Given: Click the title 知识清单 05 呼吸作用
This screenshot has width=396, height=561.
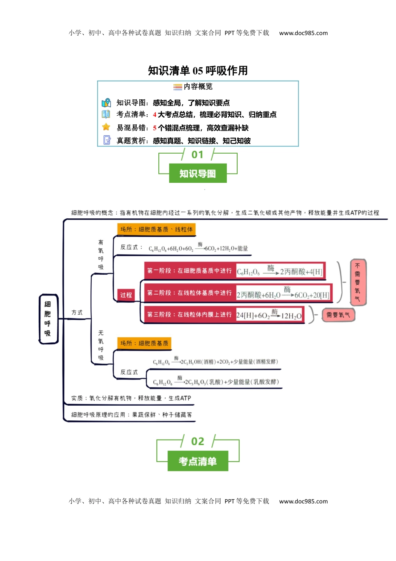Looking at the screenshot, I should (198, 71).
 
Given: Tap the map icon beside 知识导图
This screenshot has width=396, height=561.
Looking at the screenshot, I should (106, 103).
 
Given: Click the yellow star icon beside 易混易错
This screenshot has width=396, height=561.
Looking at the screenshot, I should (106, 127).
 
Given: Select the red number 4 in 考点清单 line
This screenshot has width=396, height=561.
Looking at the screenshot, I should (155, 115).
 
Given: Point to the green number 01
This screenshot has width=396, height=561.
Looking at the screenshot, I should (198, 155).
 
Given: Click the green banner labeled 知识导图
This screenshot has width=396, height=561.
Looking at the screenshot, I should (198, 173).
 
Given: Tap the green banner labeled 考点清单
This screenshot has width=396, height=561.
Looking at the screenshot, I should (198, 461).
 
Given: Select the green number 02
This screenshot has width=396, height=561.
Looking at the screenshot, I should (198, 442).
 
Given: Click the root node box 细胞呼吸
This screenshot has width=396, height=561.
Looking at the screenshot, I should (48, 319).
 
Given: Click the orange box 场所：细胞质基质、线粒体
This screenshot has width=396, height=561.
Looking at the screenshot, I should (156, 229).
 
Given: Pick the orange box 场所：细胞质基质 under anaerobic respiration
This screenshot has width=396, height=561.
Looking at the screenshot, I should (144, 343).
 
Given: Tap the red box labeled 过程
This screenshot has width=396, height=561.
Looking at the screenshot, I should (126, 295).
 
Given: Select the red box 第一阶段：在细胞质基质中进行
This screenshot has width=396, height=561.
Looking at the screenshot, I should (189, 271).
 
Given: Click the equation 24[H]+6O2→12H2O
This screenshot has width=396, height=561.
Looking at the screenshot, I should (269, 315).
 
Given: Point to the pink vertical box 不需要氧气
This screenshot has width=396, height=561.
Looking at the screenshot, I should (358, 282).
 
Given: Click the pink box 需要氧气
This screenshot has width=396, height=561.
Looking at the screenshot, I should (338, 315).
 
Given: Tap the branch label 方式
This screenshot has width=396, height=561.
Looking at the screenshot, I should (77, 313).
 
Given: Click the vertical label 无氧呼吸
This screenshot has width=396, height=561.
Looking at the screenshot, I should (101, 345).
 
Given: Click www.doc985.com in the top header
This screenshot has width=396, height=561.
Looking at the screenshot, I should (303, 33).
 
